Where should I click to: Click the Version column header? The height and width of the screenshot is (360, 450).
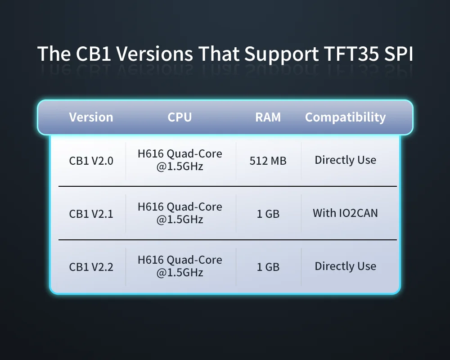(91, 117)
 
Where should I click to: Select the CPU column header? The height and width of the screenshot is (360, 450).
(180, 117)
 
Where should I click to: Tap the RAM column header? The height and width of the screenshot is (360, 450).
(268, 117)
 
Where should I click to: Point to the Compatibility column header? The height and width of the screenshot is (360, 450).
(345, 117)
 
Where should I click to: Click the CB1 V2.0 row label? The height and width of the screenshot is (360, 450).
(91, 161)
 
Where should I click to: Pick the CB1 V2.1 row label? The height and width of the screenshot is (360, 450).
(91, 214)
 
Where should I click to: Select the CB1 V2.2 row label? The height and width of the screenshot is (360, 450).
(91, 267)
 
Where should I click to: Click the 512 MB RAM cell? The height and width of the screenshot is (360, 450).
(268, 161)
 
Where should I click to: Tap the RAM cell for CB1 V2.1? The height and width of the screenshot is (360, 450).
(268, 214)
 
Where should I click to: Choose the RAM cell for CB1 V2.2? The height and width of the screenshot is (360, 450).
(268, 267)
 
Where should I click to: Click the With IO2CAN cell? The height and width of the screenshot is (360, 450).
(345, 213)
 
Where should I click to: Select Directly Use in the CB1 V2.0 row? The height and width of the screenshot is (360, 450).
(345, 160)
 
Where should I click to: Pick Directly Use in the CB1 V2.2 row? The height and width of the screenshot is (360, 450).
(345, 266)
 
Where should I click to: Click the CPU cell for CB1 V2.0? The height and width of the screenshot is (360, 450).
(180, 160)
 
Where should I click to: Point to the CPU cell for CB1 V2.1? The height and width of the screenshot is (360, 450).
(180, 213)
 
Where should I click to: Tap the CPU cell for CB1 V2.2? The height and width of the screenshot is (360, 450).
(180, 266)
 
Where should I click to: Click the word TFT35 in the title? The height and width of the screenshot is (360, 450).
(351, 54)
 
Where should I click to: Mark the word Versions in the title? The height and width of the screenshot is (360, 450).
(154, 54)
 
